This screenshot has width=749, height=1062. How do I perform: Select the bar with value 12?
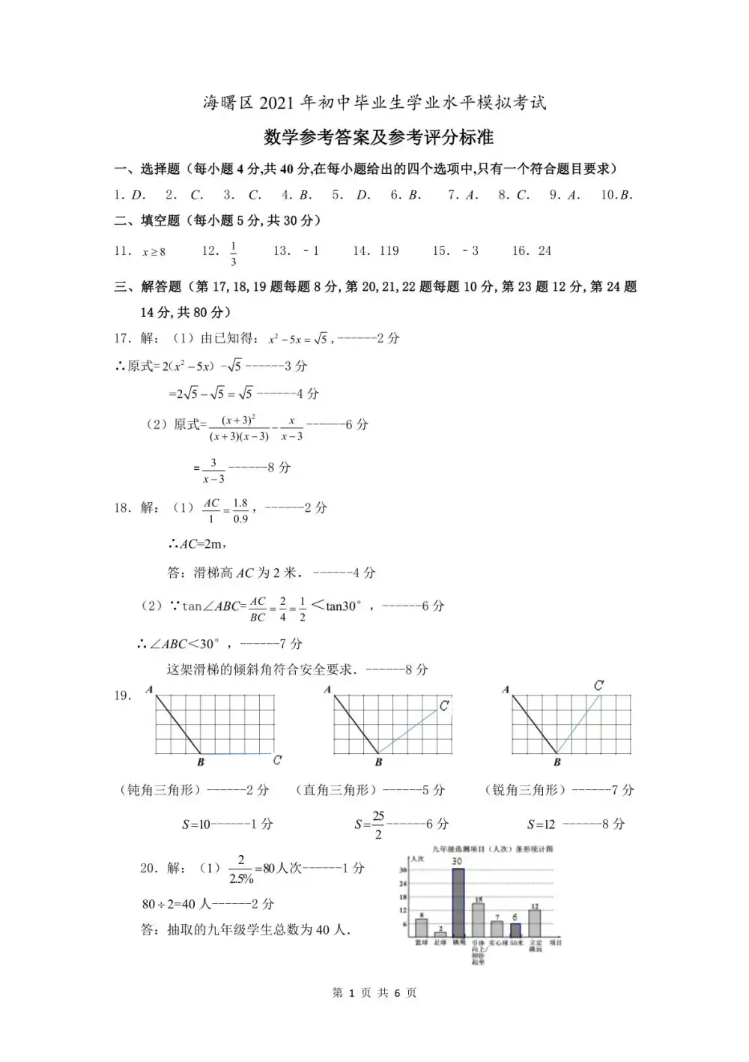point(535,923)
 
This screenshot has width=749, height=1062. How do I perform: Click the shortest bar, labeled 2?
point(440,934)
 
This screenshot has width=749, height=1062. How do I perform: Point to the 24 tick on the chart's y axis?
point(403,884)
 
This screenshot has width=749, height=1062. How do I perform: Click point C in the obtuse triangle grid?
point(277,760)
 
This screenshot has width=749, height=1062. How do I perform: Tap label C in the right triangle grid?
point(444,705)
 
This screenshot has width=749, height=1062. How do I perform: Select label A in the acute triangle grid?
point(506,690)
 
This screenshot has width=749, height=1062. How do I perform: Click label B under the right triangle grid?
point(379,762)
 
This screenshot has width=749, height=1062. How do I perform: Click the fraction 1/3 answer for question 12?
point(233,254)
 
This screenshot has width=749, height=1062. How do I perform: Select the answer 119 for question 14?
point(389,251)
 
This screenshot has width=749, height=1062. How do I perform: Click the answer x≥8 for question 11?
point(154,252)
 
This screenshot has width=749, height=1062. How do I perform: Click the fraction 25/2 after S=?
point(378,824)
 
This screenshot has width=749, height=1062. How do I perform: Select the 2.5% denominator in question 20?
point(241,878)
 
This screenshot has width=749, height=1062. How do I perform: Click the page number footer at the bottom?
point(374,992)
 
